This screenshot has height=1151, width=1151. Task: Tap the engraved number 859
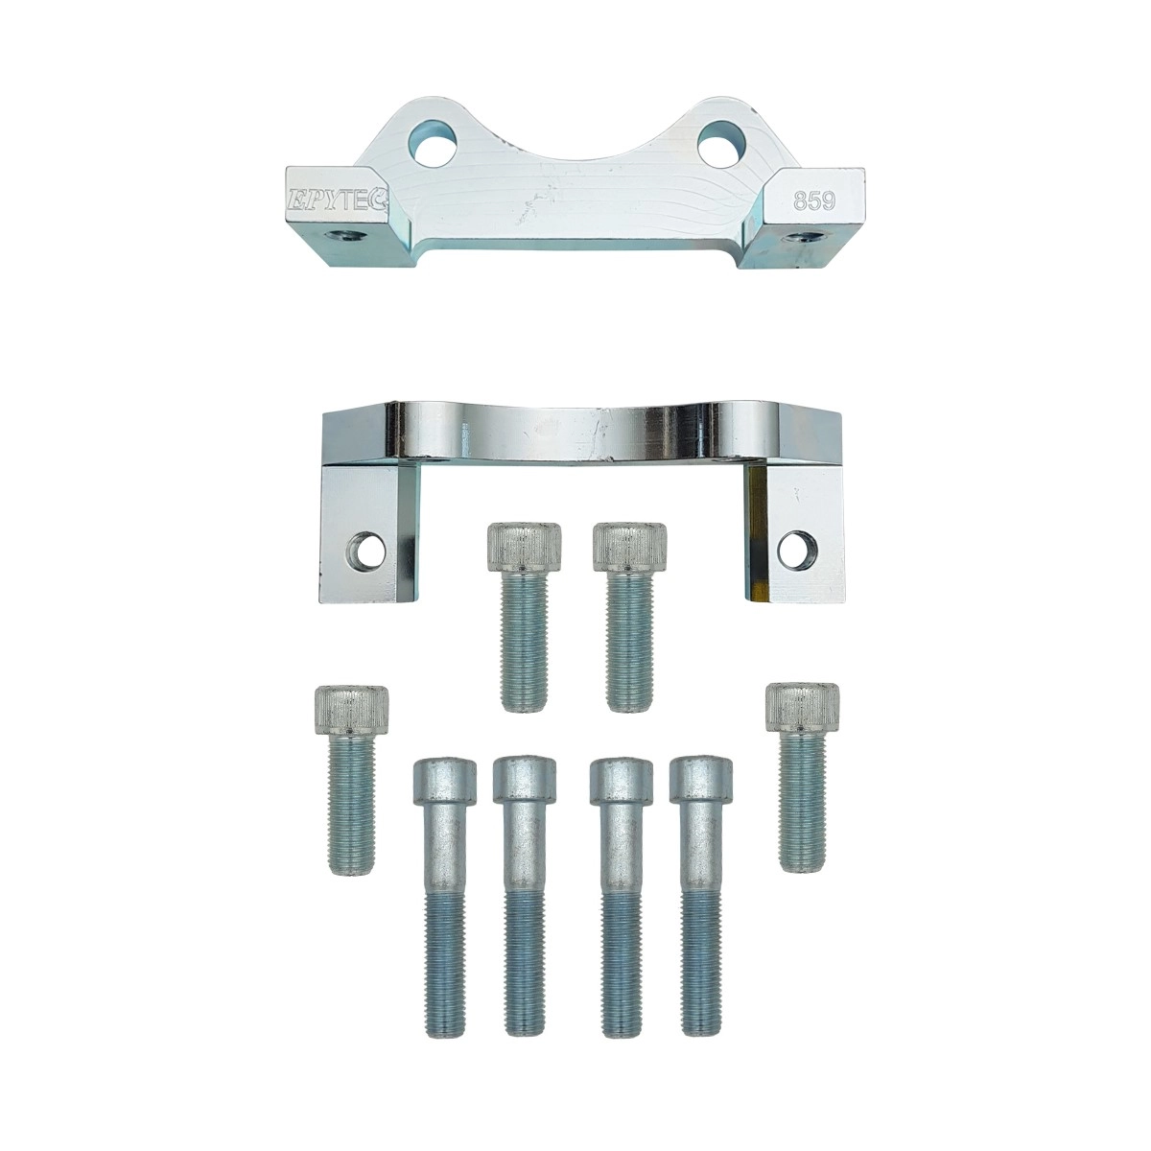click(813, 201)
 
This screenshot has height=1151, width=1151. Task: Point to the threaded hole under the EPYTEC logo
click(343, 237)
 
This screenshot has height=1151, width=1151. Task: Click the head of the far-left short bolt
click(351, 712)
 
